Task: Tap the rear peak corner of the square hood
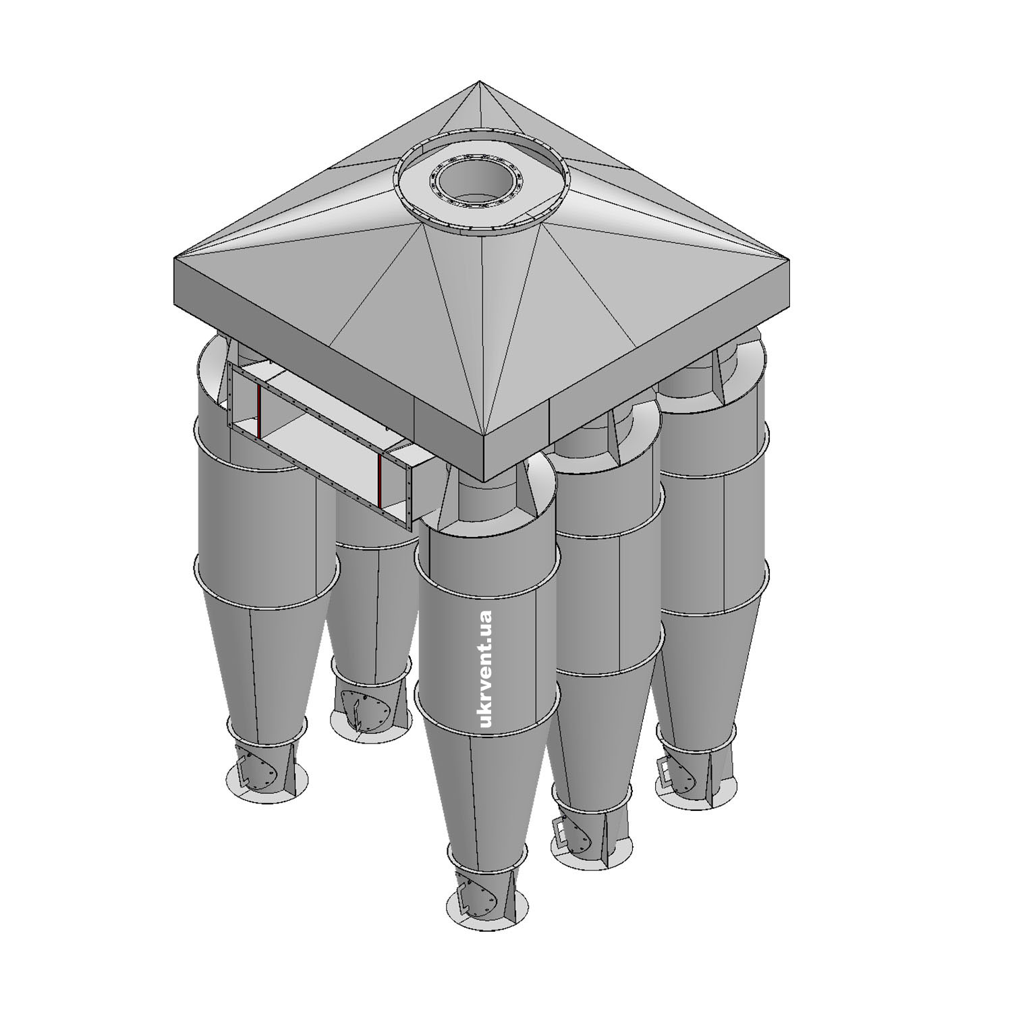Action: [480, 82]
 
